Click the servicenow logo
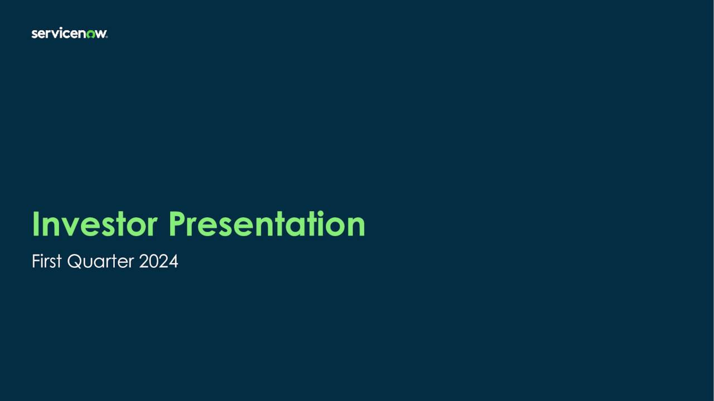pos(69,34)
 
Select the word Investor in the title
pos(95,224)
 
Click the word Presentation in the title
pos(267,224)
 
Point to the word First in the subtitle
pos(46,261)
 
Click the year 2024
pos(158,261)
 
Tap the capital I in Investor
pos(35,224)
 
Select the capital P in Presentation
pos(177,224)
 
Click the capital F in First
pos(35,261)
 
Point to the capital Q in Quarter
pos(74,262)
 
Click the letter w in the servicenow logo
pos(100,35)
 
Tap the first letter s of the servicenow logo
pos(34,35)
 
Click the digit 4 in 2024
pos(173,261)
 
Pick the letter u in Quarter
pos(86,263)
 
